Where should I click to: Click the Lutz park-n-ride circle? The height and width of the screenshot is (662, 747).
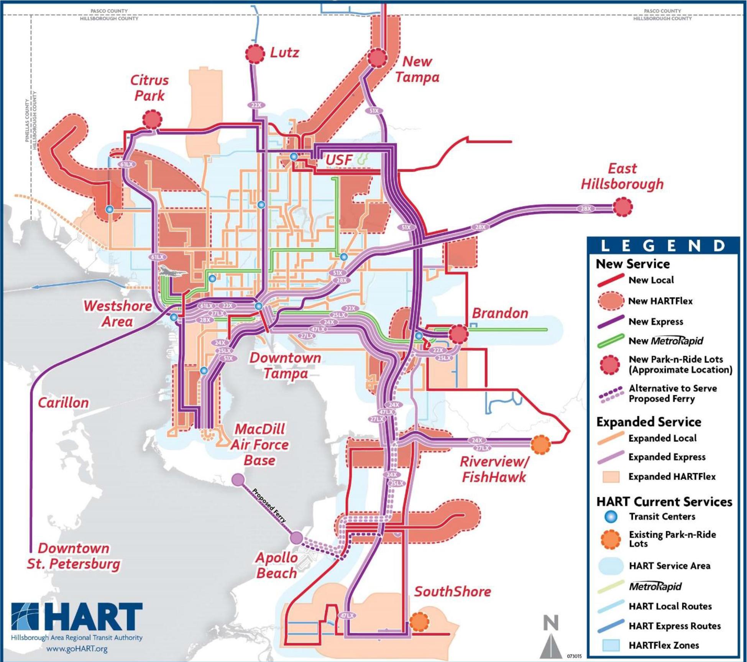255,54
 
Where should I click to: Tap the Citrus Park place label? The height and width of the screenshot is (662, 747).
149,88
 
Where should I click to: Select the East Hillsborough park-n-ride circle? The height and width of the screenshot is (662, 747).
622,207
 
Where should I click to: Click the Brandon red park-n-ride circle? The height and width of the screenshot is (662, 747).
458,334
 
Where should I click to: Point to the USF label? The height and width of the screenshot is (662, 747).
339,160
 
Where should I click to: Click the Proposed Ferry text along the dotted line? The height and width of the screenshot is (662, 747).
269,506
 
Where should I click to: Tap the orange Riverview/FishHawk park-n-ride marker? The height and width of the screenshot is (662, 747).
541,445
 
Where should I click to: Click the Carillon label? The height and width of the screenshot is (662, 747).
63,402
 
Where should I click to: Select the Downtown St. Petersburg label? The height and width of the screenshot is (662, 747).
73,556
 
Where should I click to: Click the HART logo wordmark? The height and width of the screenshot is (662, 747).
77,617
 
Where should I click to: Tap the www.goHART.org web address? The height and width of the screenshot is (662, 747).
77,649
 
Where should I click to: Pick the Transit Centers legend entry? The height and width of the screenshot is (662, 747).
662,517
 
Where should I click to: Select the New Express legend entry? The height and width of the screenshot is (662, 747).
655,322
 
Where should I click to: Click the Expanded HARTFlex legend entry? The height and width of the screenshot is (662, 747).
671,476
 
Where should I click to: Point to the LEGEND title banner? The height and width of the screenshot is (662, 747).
663,246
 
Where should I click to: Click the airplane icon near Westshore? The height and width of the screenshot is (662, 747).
172,271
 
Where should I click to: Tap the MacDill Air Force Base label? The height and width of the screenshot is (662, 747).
259,445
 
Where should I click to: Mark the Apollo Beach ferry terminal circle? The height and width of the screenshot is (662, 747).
296,538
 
